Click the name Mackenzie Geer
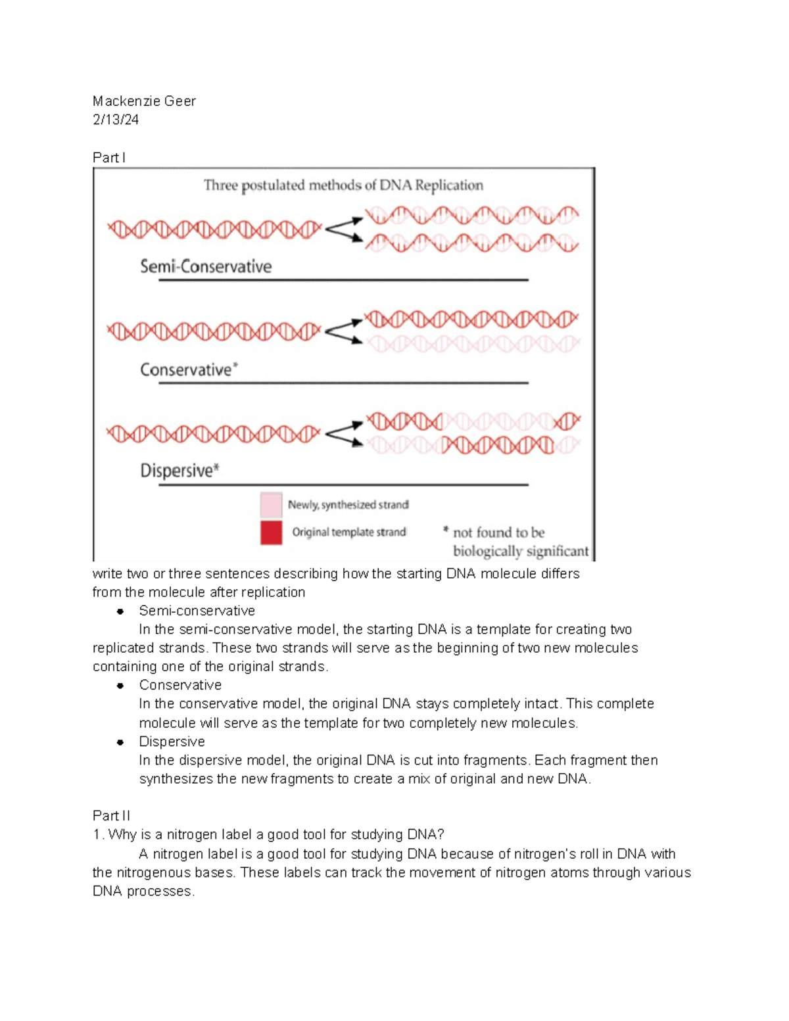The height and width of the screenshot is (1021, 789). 144,101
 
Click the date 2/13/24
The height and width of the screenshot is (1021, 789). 116,120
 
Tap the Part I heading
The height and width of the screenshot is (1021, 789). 108,158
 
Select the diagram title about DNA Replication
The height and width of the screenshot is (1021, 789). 343,185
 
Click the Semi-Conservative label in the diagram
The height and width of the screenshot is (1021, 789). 206,266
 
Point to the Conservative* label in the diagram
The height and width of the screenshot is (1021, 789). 189,369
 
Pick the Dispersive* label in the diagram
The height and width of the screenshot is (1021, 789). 179,471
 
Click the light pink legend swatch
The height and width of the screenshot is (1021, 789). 271,505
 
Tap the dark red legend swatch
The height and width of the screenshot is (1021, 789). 271,533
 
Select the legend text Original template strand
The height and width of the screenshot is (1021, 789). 348,533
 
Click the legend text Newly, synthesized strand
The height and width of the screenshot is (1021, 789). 348,505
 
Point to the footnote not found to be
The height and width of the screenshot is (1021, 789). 498,533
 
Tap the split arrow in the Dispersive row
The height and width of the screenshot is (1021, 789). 343,434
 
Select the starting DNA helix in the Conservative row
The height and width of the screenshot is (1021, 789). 214,331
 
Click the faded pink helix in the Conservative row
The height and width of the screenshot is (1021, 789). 472,344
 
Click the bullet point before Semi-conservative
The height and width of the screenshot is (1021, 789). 120,611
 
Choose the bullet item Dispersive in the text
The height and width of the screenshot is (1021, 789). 172,742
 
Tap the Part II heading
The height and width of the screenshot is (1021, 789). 111,816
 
